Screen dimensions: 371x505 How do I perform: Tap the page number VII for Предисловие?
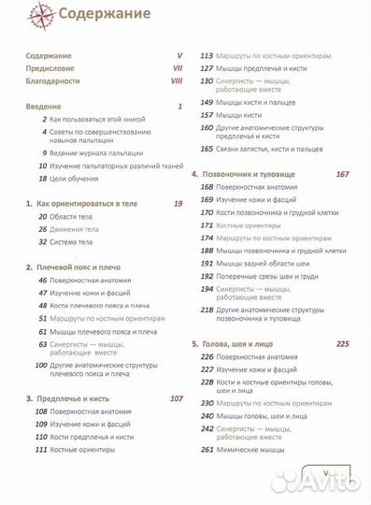click(178, 69)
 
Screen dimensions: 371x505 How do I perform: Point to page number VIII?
click(177, 82)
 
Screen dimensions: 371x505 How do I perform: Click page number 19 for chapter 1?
click(178, 203)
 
